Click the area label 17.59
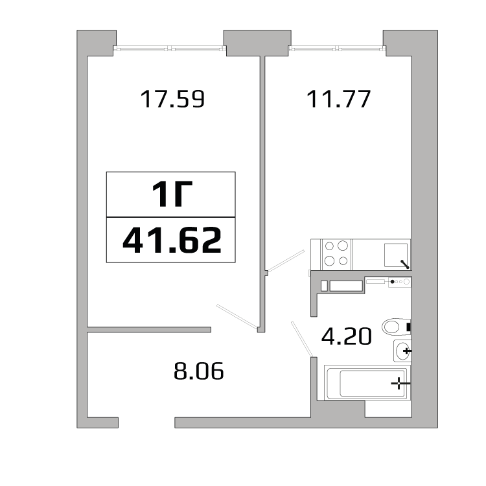click(x=172, y=99)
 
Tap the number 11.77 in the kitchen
click(x=338, y=99)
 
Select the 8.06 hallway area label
click(x=198, y=372)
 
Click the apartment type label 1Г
click(x=171, y=194)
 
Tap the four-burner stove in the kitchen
click(x=336, y=253)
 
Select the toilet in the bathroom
click(x=395, y=326)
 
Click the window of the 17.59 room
click(x=170, y=47)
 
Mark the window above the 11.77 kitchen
click(x=336, y=47)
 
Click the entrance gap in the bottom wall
click(x=146, y=422)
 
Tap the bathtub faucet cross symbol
click(x=400, y=384)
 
